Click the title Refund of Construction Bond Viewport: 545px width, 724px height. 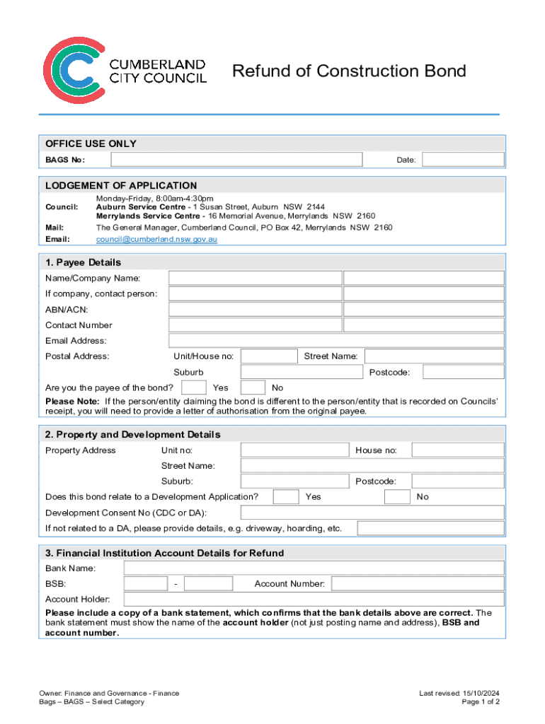click(x=349, y=71)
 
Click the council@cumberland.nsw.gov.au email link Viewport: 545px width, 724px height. click(x=156, y=240)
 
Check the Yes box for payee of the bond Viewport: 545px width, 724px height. click(x=194, y=387)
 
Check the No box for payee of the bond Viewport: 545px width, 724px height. click(x=253, y=387)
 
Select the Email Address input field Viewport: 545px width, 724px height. click(x=336, y=341)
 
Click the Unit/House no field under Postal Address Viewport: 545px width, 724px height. click(x=269, y=356)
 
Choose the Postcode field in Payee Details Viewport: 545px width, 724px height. click(x=464, y=372)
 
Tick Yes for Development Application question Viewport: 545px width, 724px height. click(x=285, y=497)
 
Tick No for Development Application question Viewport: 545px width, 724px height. click(x=397, y=497)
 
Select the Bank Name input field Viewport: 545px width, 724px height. click(x=314, y=568)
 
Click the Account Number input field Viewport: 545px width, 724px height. click(x=418, y=584)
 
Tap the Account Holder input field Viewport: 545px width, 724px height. click(x=314, y=600)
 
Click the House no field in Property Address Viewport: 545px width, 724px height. click(x=458, y=450)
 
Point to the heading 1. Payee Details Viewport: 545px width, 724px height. click(x=83, y=262)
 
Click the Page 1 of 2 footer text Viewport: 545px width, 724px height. click(x=481, y=702)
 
